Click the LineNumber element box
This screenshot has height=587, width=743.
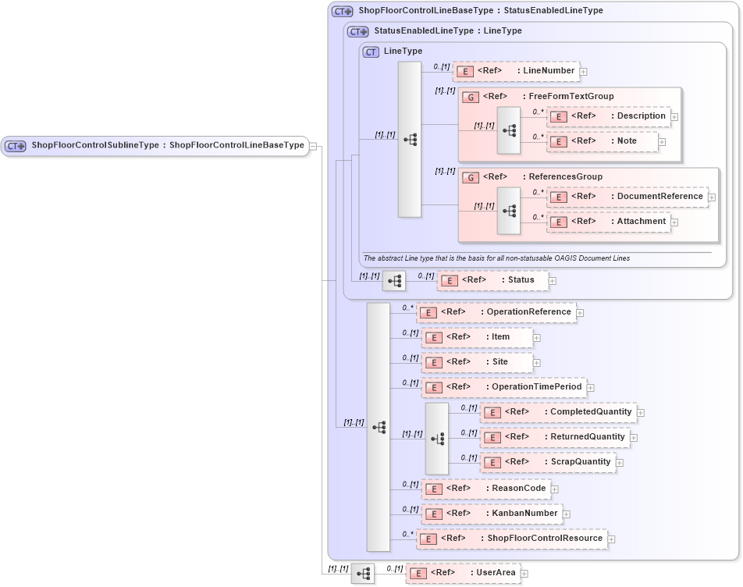point(516,71)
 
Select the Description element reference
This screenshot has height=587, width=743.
point(608,116)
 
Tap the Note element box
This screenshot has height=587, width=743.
point(602,141)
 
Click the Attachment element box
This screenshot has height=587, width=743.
point(608,222)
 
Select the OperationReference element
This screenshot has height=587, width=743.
point(496,312)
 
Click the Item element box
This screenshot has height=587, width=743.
point(476,337)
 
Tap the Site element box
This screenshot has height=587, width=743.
point(476,362)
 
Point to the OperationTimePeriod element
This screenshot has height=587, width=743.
point(503,387)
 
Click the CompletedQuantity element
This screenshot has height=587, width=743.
point(557,412)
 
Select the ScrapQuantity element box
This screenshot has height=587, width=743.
point(548,462)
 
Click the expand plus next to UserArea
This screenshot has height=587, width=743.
point(524,574)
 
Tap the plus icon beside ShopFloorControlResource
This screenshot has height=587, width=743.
point(612,539)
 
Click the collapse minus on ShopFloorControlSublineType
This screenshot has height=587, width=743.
point(312,145)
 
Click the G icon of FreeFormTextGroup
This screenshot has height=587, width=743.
point(471,97)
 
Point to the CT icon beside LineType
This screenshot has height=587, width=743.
point(371,52)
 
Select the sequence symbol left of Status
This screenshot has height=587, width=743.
point(394,280)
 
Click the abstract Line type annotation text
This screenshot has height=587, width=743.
point(496,258)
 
